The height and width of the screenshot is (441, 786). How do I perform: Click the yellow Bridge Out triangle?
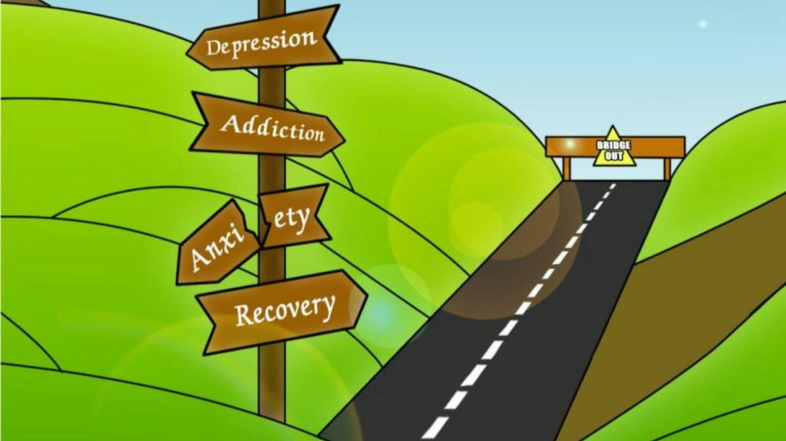click(x=614, y=149)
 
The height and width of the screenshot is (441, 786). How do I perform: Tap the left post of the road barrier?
click(x=566, y=168)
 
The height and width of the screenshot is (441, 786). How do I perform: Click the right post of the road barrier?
click(x=667, y=168)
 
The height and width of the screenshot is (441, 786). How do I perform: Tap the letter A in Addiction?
click(x=229, y=123)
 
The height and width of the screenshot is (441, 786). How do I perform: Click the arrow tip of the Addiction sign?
click(x=342, y=136)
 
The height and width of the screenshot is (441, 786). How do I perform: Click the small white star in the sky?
click(x=703, y=24)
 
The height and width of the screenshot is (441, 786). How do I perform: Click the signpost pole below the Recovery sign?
click(x=272, y=383)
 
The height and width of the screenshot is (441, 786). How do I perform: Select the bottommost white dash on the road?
click(x=435, y=428)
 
